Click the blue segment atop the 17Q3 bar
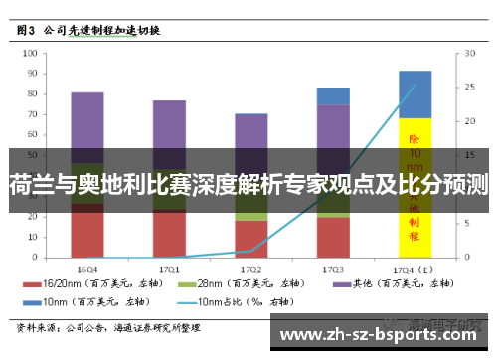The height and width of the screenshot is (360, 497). tap(333, 95)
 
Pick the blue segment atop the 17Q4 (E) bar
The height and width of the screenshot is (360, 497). tap(414, 93)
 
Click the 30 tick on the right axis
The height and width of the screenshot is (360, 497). tap(462, 54)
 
